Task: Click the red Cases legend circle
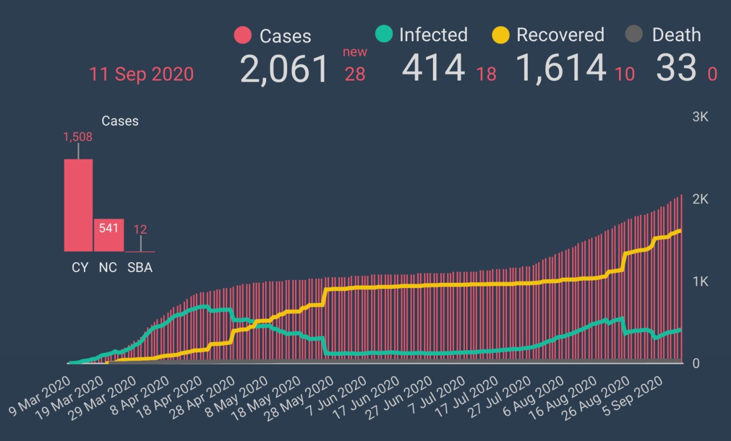(x=243, y=35)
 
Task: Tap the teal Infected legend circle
(x=384, y=35)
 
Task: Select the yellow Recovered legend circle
(x=500, y=35)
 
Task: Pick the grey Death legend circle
(x=634, y=35)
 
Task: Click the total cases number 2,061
(x=284, y=69)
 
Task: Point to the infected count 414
(x=433, y=69)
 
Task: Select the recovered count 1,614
(x=561, y=69)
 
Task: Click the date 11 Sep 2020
(x=141, y=74)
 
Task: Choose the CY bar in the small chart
(x=78, y=205)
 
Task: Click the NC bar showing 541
(x=109, y=235)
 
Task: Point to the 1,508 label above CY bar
(x=78, y=137)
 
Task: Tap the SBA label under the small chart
(x=140, y=267)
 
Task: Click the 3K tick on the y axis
(x=700, y=117)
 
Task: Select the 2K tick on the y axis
(x=700, y=199)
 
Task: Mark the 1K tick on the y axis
(x=700, y=282)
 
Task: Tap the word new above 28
(x=355, y=52)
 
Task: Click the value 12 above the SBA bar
(x=140, y=230)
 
